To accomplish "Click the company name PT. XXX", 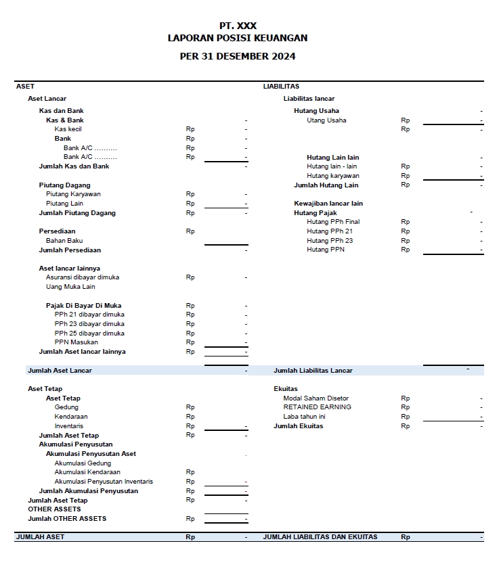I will pyautogui.click(x=238, y=26).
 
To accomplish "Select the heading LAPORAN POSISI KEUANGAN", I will pyautogui.click(x=238, y=39).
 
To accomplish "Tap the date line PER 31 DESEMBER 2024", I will pyautogui.click(x=238, y=57).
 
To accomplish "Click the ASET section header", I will pyautogui.click(x=25, y=87).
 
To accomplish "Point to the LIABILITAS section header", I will pyautogui.click(x=281, y=87).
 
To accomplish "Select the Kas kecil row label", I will pyautogui.click(x=68, y=129).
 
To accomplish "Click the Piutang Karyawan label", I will pyautogui.click(x=73, y=194).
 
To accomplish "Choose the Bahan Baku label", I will pyautogui.click(x=64, y=241).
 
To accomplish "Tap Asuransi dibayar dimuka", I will pyautogui.click(x=83, y=277).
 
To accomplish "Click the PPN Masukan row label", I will pyautogui.click(x=77, y=342).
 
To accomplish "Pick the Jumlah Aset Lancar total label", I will pyautogui.click(x=60, y=371).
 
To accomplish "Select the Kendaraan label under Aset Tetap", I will pyautogui.click(x=71, y=417).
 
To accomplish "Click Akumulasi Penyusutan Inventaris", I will pyautogui.click(x=104, y=482).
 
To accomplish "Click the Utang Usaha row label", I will pyautogui.click(x=326, y=120).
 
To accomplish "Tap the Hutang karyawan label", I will pyautogui.click(x=333, y=176).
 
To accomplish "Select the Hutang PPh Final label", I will pyautogui.click(x=333, y=222).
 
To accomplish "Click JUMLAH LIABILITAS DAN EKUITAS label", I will pyautogui.click(x=320, y=537).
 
